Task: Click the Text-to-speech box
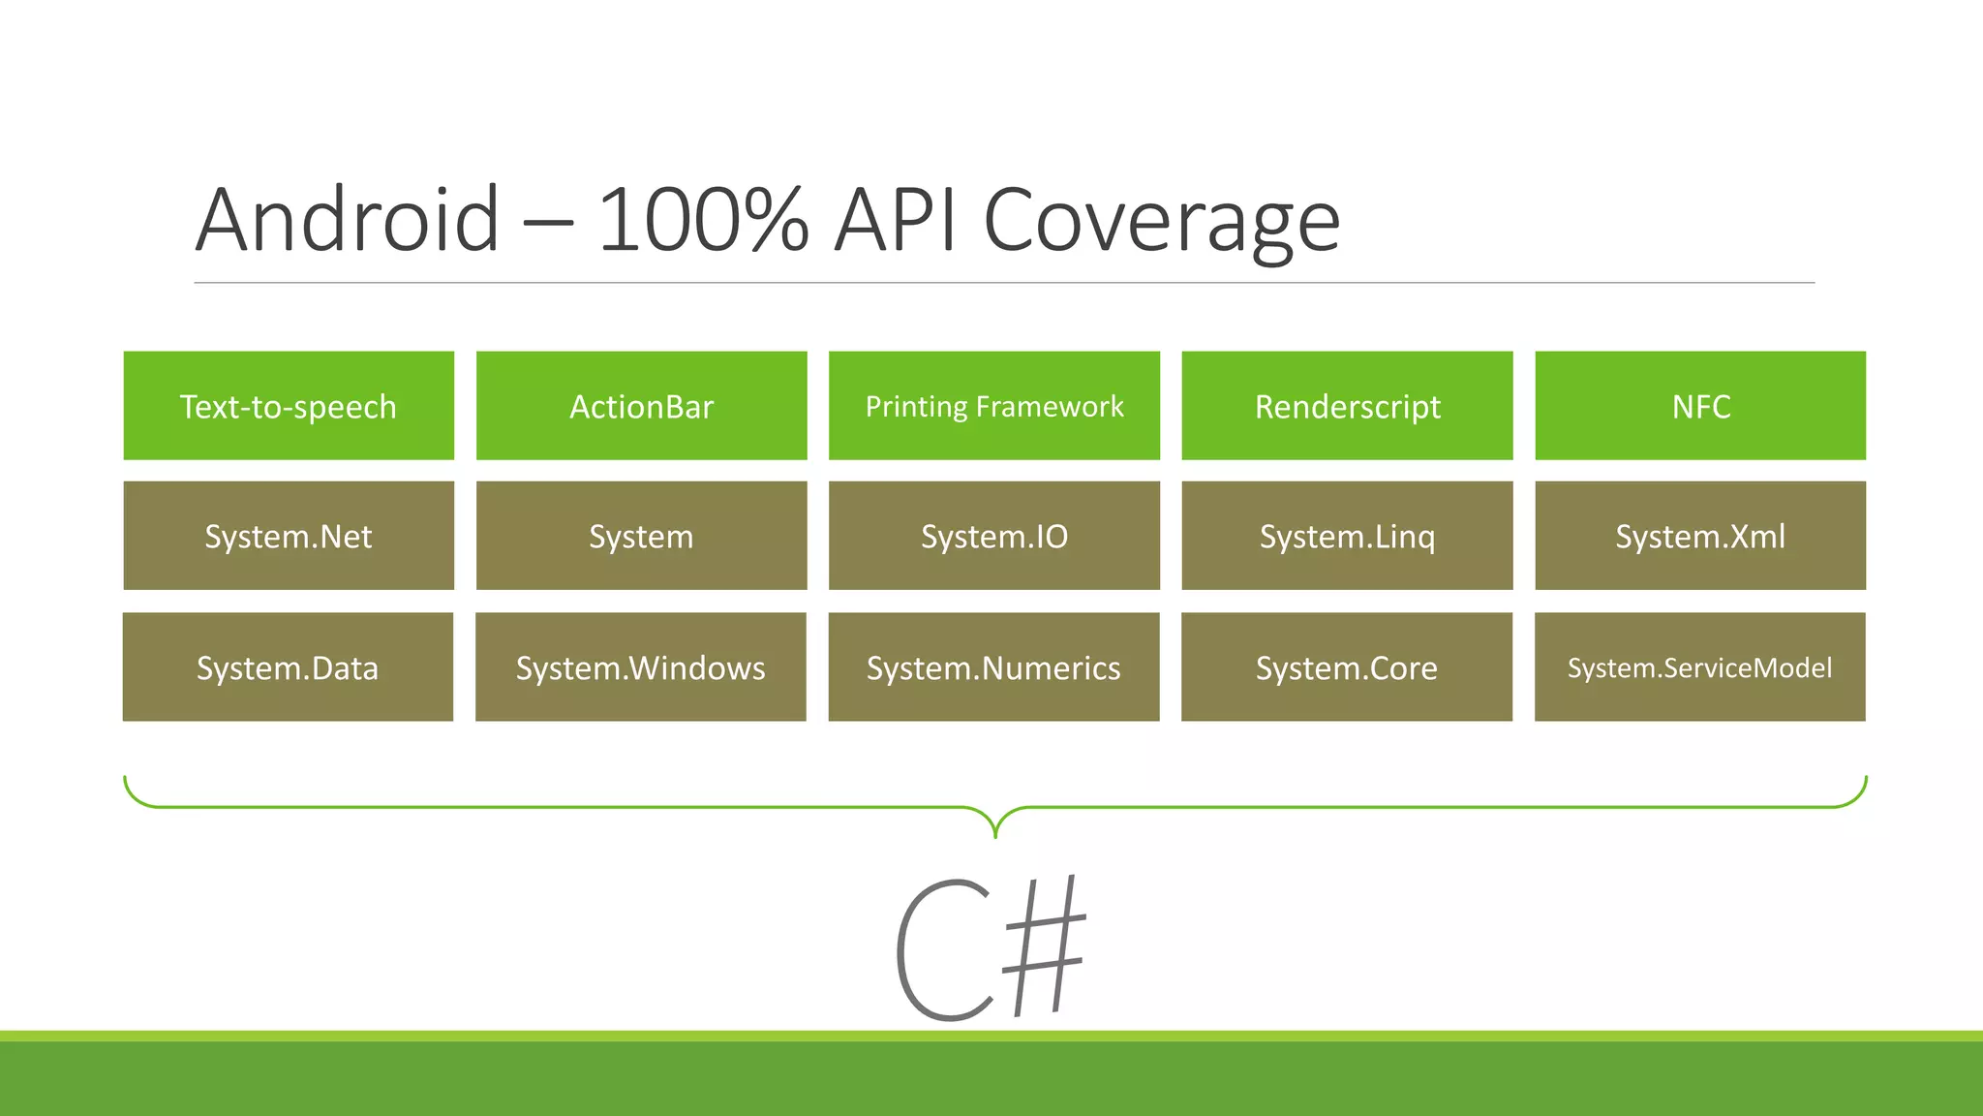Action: (x=289, y=406)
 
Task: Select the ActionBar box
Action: (x=641, y=406)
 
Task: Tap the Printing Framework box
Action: (x=994, y=406)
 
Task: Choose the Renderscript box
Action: (x=1347, y=406)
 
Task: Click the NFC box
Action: (x=1700, y=406)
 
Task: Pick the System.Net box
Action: (x=289, y=536)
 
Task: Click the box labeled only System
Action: (x=641, y=536)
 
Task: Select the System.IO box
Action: (x=994, y=536)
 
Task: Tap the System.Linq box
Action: (x=1347, y=536)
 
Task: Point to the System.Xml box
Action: (x=1700, y=536)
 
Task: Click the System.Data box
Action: (x=288, y=666)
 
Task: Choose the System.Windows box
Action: (x=640, y=666)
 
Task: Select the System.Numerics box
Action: (x=993, y=666)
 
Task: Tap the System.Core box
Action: (x=1346, y=666)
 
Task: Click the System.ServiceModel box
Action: (x=1699, y=666)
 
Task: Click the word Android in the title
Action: (x=348, y=221)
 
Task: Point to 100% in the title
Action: (x=703, y=221)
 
